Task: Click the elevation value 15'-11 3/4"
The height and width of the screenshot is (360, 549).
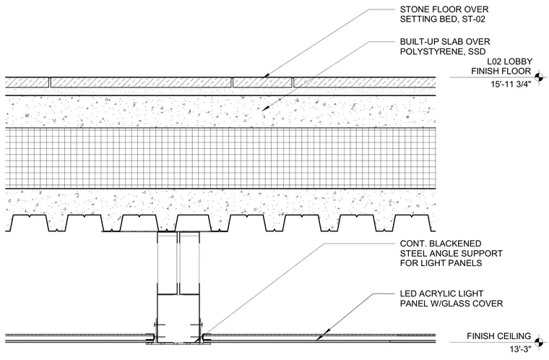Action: (x=511, y=84)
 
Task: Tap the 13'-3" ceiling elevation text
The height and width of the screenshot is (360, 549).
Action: (x=521, y=349)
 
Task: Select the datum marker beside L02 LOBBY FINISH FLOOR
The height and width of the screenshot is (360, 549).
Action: (x=540, y=77)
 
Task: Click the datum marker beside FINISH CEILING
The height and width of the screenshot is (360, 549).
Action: (x=540, y=342)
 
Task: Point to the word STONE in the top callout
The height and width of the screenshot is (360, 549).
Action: (x=413, y=9)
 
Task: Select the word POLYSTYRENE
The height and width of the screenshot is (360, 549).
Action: (x=429, y=51)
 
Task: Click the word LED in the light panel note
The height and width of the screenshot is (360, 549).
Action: (x=407, y=293)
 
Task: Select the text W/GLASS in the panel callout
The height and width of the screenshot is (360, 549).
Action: (x=447, y=303)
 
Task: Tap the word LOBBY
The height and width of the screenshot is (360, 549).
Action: (x=518, y=61)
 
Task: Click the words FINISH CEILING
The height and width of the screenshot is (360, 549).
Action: (x=499, y=336)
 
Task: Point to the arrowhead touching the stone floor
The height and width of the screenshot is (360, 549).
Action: (x=266, y=75)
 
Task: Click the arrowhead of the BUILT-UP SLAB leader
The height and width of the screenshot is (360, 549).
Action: (x=265, y=108)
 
